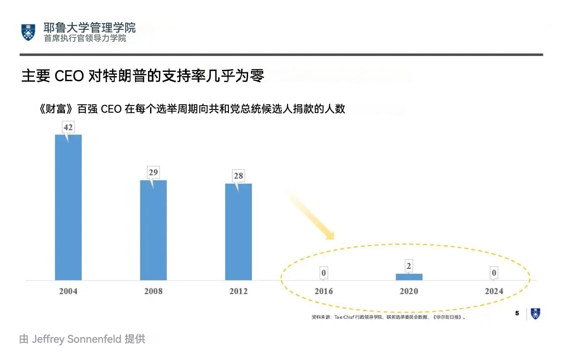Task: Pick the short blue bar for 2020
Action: pos(409,277)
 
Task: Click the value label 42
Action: pos(68,127)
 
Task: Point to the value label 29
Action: pos(153,172)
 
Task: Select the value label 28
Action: pos(238,176)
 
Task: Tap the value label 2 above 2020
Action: pos(409,266)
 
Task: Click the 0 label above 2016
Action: pos(323,273)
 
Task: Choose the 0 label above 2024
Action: pos(494,273)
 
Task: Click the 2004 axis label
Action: pos(68,291)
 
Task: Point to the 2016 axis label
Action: pos(323,291)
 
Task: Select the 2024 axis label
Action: pos(494,291)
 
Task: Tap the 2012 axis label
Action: pos(238,291)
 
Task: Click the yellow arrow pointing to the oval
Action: pos(311,215)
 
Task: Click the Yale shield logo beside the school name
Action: pos(29,32)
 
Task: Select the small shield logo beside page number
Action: pos(535,314)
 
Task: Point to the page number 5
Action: pos(517,313)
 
